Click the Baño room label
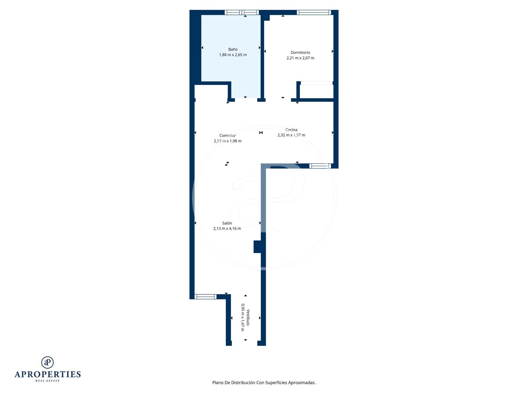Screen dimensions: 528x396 point(233,49)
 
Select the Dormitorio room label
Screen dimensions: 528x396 point(300,52)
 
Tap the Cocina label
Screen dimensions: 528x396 point(291,130)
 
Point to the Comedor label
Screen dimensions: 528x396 point(227,136)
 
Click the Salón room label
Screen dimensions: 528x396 point(227,223)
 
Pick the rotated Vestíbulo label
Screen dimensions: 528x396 point(248,318)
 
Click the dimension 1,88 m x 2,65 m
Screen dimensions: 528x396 point(233,55)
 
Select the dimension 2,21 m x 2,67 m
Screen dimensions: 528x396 point(300,58)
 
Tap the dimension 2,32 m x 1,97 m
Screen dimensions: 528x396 point(291,135)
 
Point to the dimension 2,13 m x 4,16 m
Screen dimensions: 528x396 point(227,229)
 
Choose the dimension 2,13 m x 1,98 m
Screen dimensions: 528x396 point(227,141)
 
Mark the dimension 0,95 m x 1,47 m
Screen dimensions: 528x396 point(243,318)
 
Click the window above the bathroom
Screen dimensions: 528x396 point(241,12)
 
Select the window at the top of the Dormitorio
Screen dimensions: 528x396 point(314,12)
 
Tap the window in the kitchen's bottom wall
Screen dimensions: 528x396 point(320,166)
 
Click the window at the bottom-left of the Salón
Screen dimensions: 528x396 point(205,297)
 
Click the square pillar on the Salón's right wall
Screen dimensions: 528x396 point(258,247)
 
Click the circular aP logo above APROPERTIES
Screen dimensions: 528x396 point(48,362)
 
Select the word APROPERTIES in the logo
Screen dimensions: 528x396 point(48,375)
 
